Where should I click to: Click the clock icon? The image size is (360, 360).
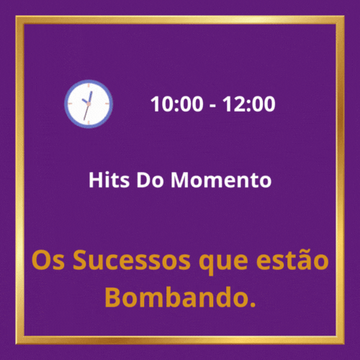pyautogui.click(x=89, y=104)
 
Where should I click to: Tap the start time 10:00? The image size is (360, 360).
pyautogui.click(x=176, y=104)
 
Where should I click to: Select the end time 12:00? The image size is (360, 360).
pyautogui.click(x=248, y=104)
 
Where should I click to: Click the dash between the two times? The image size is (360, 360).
pyautogui.click(x=212, y=106)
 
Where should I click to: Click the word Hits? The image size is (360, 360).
pyautogui.click(x=109, y=180)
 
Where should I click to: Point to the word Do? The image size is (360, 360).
pyautogui.click(x=150, y=180)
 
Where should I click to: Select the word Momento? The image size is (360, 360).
pyautogui.click(x=221, y=180)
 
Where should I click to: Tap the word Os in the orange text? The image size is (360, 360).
pyautogui.click(x=48, y=261)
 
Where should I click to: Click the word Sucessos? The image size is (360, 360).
pyautogui.click(x=132, y=261)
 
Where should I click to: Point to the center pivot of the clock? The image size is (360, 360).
pyautogui.click(x=89, y=104)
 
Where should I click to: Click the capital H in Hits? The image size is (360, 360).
pyautogui.click(x=96, y=180)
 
